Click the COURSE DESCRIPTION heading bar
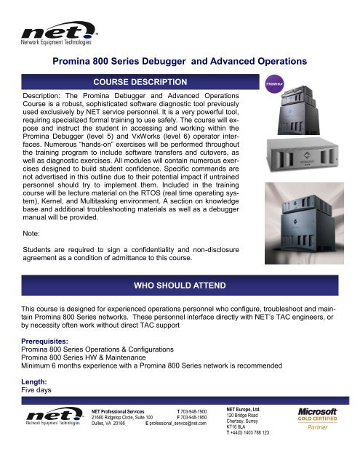point(140,81)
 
